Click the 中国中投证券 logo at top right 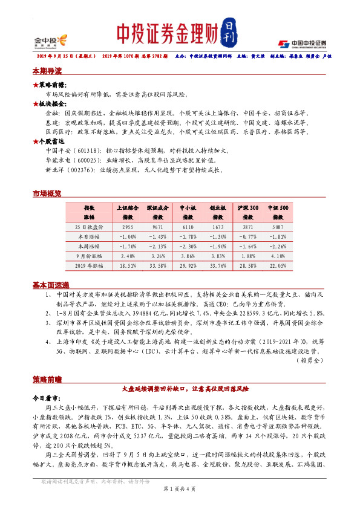[x=302, y=44]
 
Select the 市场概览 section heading [x=47, y=193]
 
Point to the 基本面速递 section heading [x=50, y=285]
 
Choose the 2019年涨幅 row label [x=89, y=265]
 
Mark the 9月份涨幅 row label [x=89, y=255]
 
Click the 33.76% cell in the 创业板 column [x=218, y=265]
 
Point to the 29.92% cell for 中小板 [x=189, y=265]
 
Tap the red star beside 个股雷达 [x=35, y=140]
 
